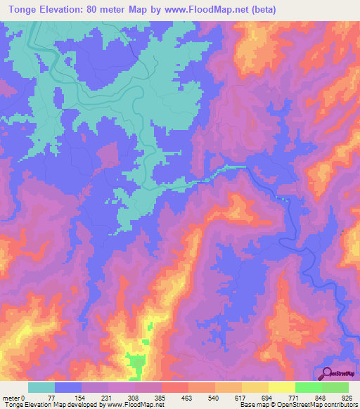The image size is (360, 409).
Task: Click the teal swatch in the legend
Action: pyautogui.click(x=41, y=387)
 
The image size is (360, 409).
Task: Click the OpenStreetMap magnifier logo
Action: pyautogui.click(x=326, y=375)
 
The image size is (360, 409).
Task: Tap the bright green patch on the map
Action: pyautogui.click(x=136, y=363)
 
